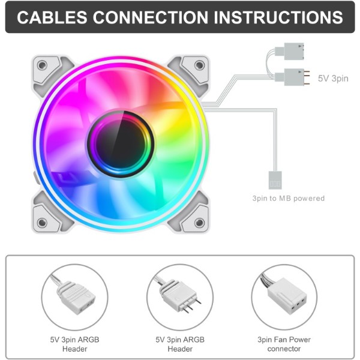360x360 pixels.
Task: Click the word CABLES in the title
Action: (x=52, y=17)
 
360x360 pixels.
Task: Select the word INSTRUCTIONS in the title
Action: (x=278, y=17)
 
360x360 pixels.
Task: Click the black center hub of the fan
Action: (x=121, y=144)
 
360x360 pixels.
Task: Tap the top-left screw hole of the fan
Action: (x=42, y=65)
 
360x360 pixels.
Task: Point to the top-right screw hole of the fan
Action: (x=199, y=65)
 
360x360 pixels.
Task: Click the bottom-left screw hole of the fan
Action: (x=42, y=222)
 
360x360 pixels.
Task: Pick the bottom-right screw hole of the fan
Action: (x=199, y=222)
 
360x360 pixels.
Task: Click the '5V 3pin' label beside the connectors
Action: (x=333, y=79)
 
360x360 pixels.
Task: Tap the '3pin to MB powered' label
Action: (x=289, y=198)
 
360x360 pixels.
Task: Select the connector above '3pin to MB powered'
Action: (x=275, y=180)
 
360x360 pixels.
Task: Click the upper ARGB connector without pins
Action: (x=290, y=51)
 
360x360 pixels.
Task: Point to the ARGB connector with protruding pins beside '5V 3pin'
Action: (x=292, y=77)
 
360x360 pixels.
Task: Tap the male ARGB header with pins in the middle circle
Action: (x=181, y=296)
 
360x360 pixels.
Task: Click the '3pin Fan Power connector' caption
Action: (x=284, y=344)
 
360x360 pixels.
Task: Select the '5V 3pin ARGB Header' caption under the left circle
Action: (x=74, y=344)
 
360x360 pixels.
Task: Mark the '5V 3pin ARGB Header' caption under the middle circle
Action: (x=180, y=344)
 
